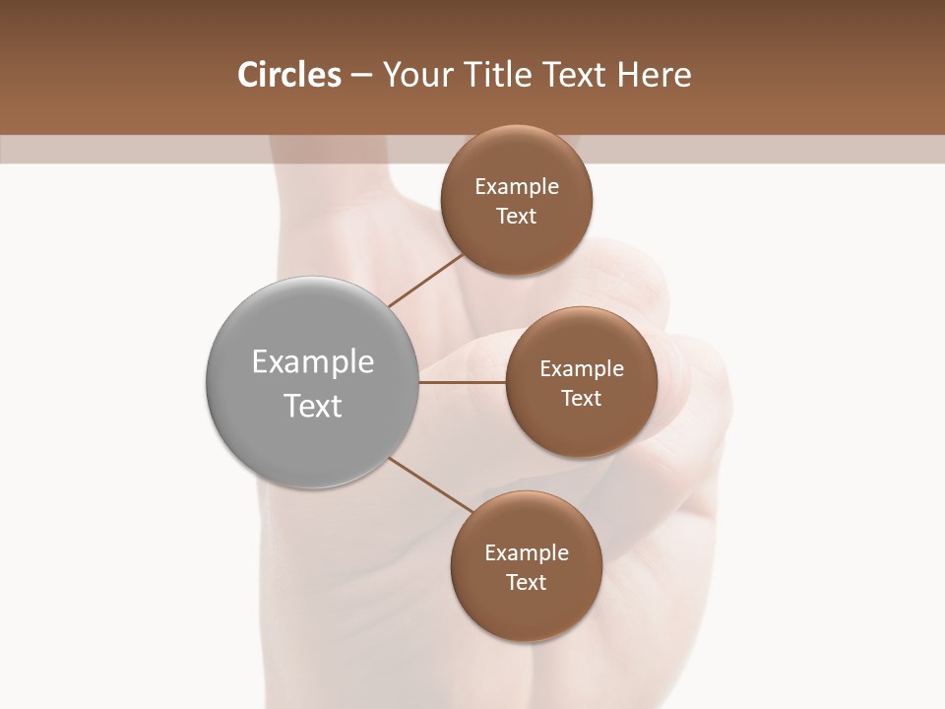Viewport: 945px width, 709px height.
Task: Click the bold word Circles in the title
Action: pyautogui.click(x=288, y=75)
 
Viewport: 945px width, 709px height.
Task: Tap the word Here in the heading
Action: pyautogui.click(x=654, y=75)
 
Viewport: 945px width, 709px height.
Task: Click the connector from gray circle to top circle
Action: pyautogui.click(x=426, y=280)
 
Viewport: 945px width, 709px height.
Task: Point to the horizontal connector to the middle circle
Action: pyautogui.click(x=462, y=382)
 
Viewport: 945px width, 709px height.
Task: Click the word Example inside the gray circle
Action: pyautogui.click(x=313, y=362)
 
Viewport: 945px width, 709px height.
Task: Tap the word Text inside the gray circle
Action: pyautogui.click(x=313, y=406)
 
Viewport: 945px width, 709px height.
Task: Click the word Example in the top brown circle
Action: pyautogui.click(x=517, y=186)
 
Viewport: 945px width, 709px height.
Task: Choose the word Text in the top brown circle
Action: pyautogui.click(x=517, y=216)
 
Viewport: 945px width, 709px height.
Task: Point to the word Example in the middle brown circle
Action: pyautogui.click(x=582, y=369)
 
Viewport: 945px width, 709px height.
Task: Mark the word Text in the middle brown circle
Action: pyautogui.click(x=582, y=398)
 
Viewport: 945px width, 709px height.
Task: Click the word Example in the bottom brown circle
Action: pyautogui.click(x=527, y=552)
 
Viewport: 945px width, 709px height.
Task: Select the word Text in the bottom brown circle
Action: pyautogui.click(x=527, y=582)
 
